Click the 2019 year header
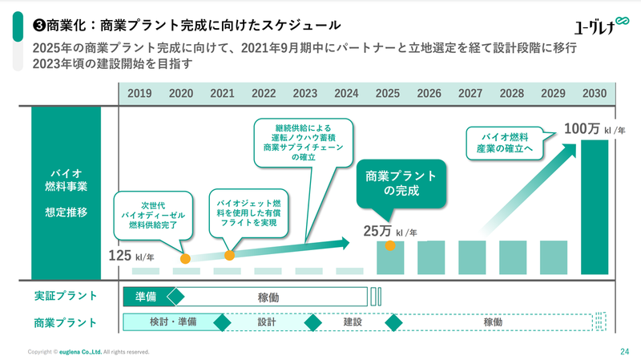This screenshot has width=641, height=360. (x=139, y=93)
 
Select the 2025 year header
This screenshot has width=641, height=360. (x=388, y=93)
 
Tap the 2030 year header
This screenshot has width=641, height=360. (x=594, y=93)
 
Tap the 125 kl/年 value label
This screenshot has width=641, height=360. (x=131, y=257)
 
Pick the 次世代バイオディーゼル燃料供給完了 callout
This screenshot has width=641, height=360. (x=153, y=216)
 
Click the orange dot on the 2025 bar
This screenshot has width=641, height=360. (x=390, y=245)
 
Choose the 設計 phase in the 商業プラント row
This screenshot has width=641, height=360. (x=267, y=322)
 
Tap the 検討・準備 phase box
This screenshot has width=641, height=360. (x=173, y=322)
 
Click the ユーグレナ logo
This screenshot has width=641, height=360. (x=592, y=26)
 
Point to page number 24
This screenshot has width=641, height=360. (x=623, y=351)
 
